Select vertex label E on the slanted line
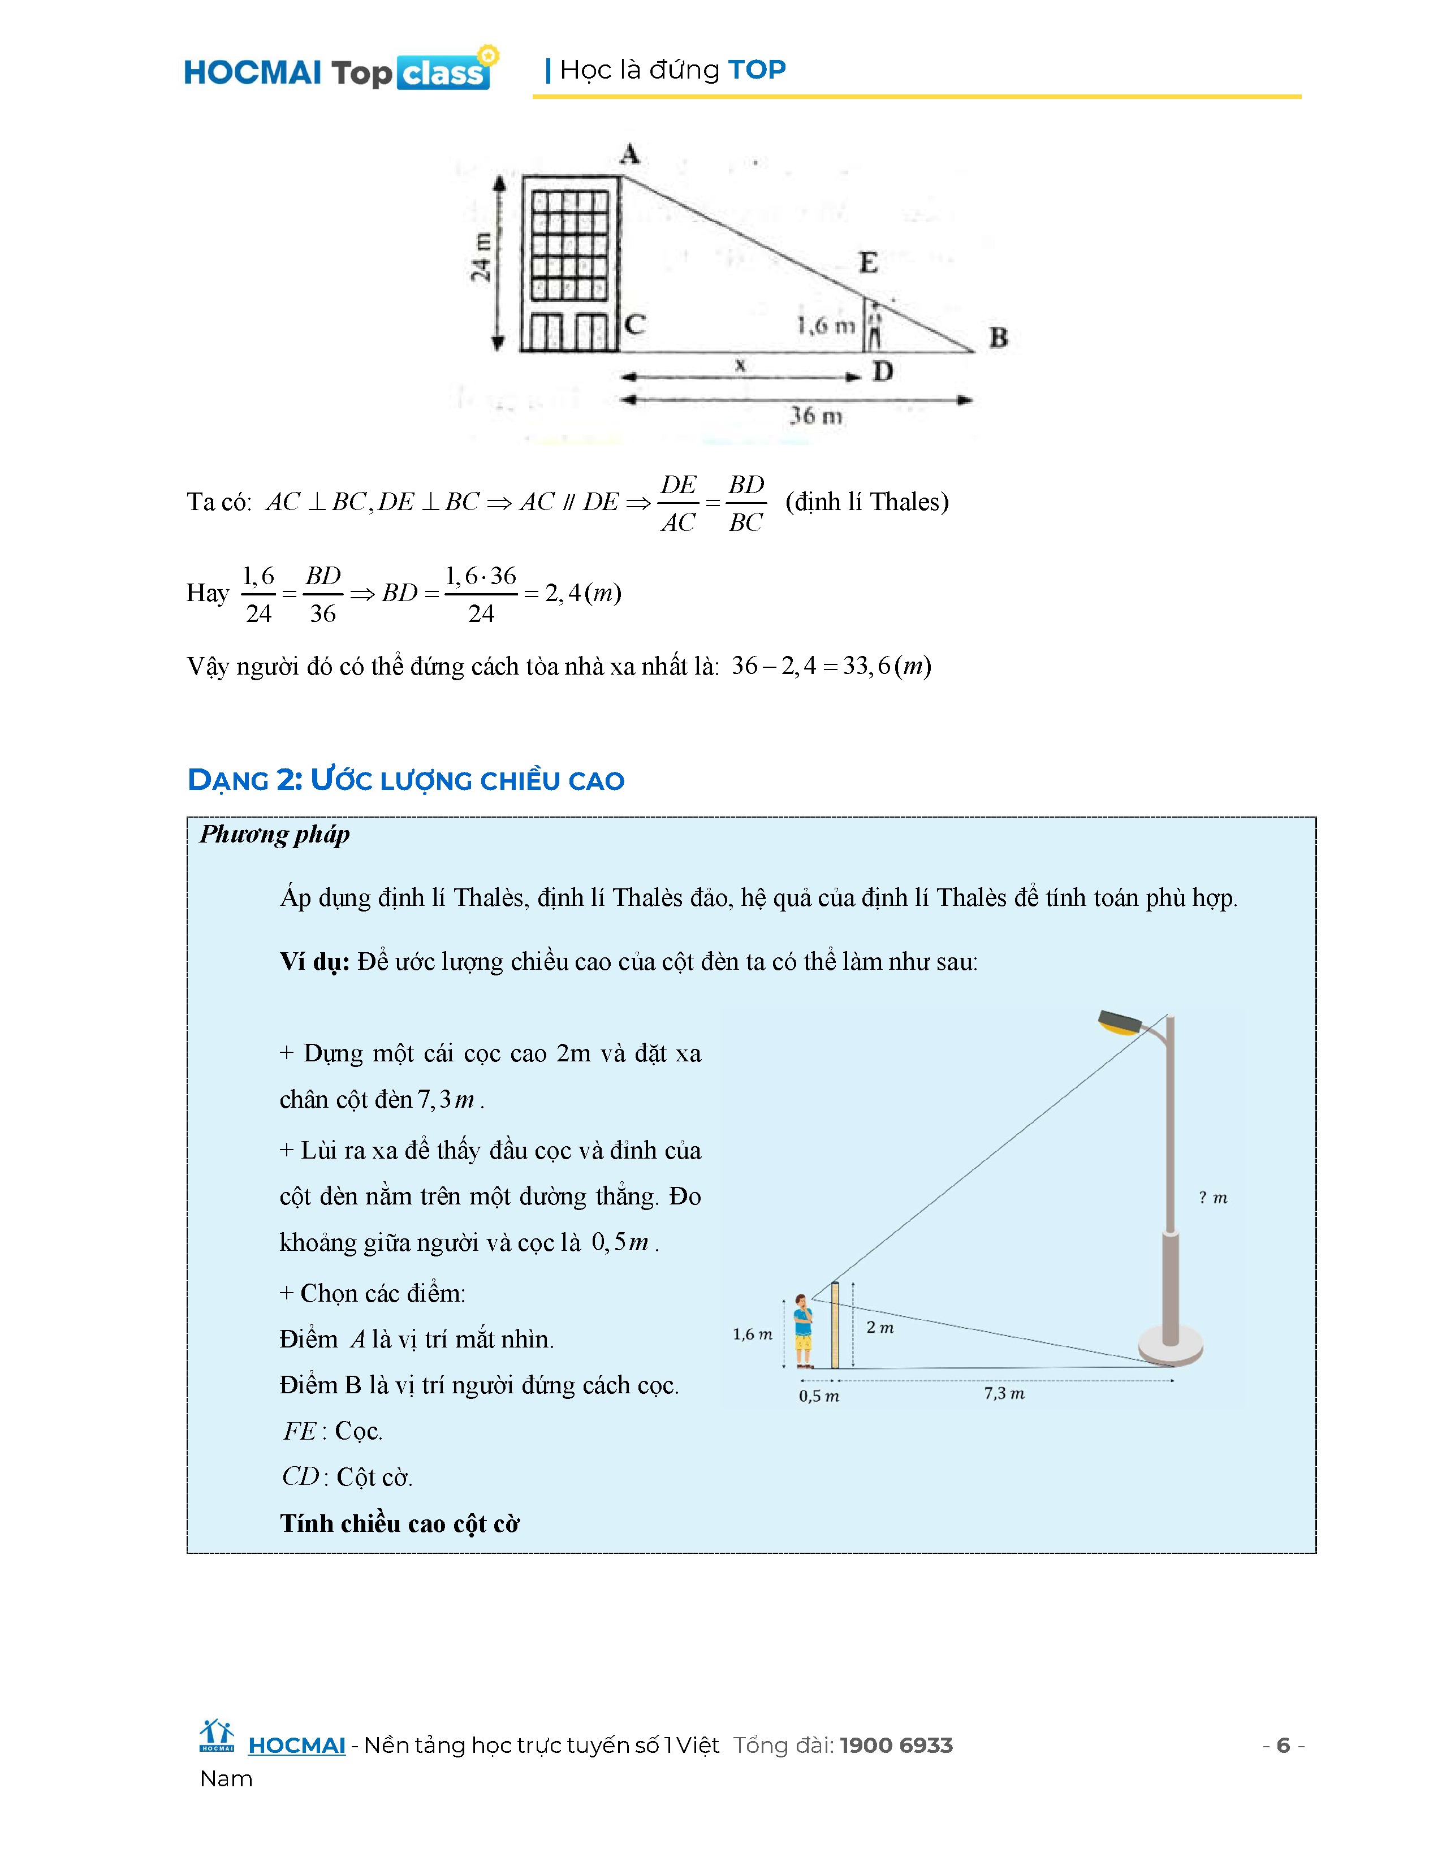point(868,262)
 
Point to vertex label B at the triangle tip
point(998,338)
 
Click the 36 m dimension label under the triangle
point(815,416)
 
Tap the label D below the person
point(883,372)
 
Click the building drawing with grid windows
point(570,263)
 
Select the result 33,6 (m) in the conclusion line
point(887,666)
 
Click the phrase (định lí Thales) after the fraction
point(866,502)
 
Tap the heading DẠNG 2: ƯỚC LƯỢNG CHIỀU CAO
point(406,780)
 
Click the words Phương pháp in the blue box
point(274,834)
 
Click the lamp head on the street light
point(1119,1023)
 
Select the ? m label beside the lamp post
point(1212,1198)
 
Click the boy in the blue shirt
point(803,1331)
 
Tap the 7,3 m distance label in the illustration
point(1004,1393)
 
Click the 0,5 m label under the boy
point(818,1396)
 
